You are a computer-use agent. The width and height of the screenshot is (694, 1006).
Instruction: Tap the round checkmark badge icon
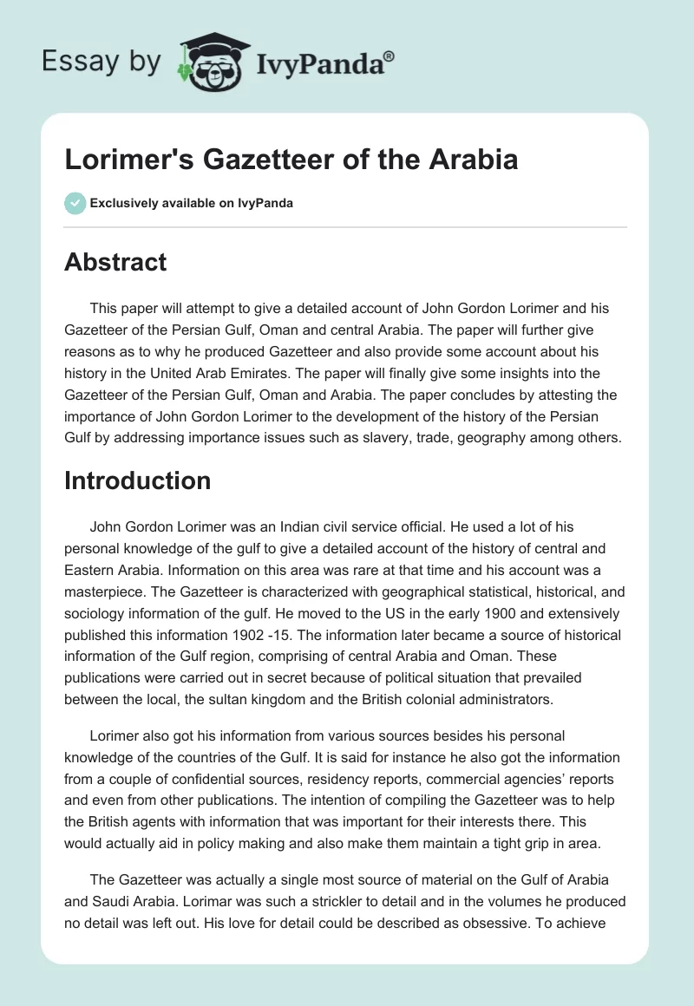(75, 203)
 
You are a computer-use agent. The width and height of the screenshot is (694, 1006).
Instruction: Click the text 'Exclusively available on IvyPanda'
(192, 203)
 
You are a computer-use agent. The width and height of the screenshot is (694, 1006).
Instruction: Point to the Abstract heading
(115, 262)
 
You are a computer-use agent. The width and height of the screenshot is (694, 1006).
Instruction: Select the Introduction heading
(137, 480)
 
